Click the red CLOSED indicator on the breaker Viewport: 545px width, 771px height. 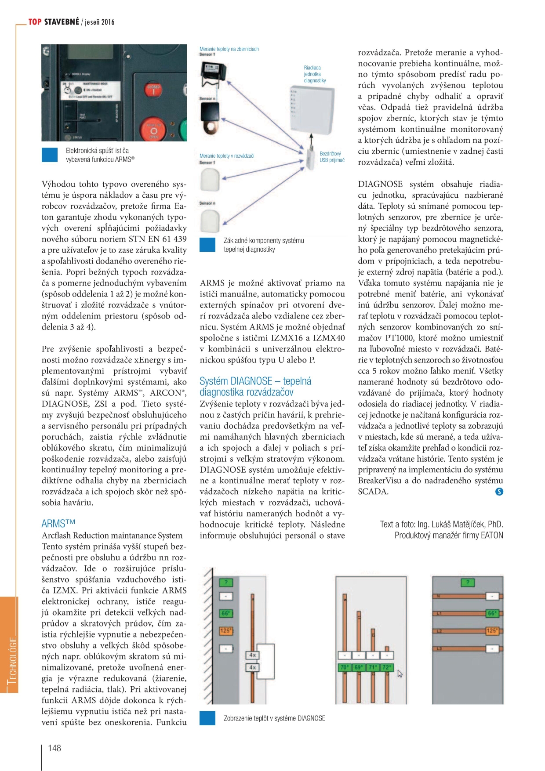click(x=154, y=90)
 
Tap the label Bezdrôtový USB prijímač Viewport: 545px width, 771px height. click(x=332, y=157)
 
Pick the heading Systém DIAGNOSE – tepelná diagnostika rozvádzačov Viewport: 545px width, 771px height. click(x=255, y=387)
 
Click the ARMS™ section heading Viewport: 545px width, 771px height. click(x=58, y=524)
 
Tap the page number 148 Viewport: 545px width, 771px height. click(x=54, y=748)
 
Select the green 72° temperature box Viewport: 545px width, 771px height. click(x=386, y=667)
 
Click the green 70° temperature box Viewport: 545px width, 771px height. click(x=344, y=667)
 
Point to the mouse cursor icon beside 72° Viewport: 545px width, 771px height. click(x=400, y=673)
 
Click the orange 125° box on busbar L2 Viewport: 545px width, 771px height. click(x=492, y=631)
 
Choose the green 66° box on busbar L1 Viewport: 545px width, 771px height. click(x=492, y=613)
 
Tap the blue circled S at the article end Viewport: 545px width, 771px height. click(x=499, y=492)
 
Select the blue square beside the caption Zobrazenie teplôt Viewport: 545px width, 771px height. click(x=207, y=718)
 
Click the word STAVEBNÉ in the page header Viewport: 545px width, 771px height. click(x=62, y=22)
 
